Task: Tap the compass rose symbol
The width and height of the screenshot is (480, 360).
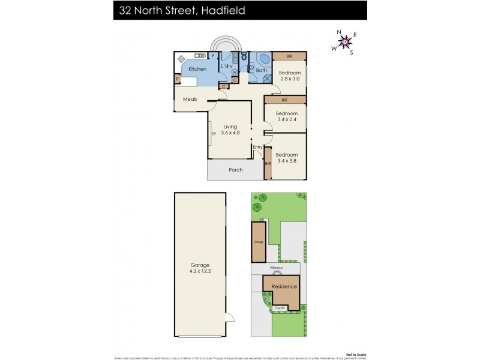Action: [x=346, y=41]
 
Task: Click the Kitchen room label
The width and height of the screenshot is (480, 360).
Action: [x=197, y=69]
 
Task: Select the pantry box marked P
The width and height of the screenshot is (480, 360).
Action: [x=178, y=79]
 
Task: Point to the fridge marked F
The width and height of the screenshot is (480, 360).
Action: [x=214, y=56]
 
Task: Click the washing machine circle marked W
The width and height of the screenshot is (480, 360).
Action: [x=234, y=72]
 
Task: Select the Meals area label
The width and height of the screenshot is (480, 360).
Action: [x=190, y=99]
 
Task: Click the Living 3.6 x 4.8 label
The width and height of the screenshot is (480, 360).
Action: [x=230, y=130]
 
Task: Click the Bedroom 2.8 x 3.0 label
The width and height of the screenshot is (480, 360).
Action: [x=289, y=76]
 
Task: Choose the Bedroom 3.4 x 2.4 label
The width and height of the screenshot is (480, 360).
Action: [x=287, y=116]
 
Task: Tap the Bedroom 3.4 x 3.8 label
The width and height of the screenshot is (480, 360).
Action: [x=287, y=157]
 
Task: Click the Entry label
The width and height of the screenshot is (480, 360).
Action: [x=257, y=147]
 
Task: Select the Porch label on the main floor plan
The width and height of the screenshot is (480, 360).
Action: [x=236, y=170]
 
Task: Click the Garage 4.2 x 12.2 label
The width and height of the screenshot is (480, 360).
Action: [x=200, y=267]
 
